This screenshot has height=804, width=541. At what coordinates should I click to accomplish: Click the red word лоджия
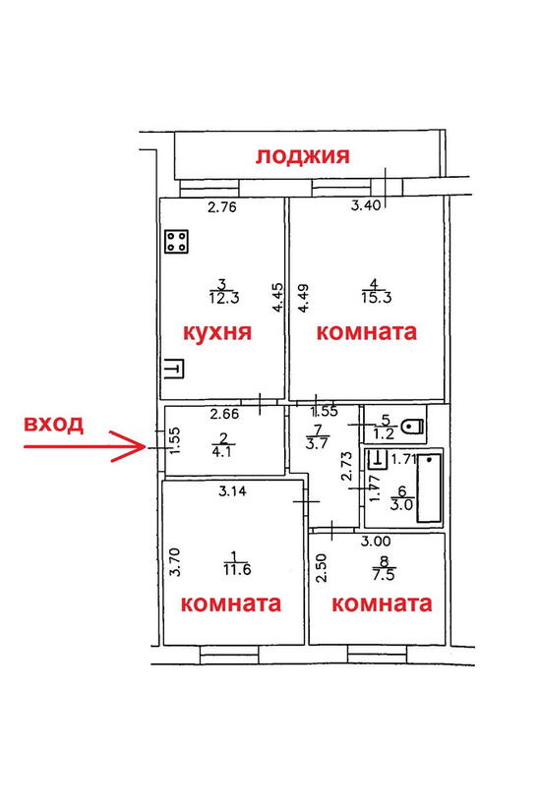(x=303, y=156)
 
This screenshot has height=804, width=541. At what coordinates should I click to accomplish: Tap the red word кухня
(x=217, y=332)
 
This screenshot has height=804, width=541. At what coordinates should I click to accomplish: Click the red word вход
(x=53, y=425)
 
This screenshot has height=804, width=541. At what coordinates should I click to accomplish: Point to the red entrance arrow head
(x=139, y=446)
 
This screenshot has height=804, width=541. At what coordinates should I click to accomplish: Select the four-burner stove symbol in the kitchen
(x=176, y=242)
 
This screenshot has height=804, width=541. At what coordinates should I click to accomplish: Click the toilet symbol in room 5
(x=413, y=426)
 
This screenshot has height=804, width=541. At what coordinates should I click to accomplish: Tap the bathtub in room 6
(x=429, y=488)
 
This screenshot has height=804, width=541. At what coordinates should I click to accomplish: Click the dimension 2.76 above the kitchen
(x=221, y=207)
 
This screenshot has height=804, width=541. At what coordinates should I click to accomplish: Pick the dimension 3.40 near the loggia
(x=366, y=205)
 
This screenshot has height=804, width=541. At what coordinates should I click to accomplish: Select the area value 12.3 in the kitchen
(x=224, y=299)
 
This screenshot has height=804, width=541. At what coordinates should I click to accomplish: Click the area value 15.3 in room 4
(x=376, y=298)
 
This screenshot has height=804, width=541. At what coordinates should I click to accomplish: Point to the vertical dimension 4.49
(x=304, y=299)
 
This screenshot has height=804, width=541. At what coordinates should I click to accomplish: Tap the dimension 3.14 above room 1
(x=232, y=491)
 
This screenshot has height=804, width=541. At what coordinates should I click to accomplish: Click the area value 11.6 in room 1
(x=237, y=570)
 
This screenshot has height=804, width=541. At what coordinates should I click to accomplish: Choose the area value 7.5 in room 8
(x=384, y=575)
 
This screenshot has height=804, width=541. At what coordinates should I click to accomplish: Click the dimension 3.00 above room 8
(x=376, y=541)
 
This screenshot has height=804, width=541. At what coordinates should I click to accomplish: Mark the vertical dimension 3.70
(x=175, y=562)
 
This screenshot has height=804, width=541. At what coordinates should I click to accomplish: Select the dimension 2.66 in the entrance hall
(x=225, y=414)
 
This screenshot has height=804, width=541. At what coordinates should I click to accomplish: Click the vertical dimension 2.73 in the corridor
(x=347, y=466)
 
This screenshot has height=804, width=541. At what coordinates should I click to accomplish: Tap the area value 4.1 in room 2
(x=221, y=452)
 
